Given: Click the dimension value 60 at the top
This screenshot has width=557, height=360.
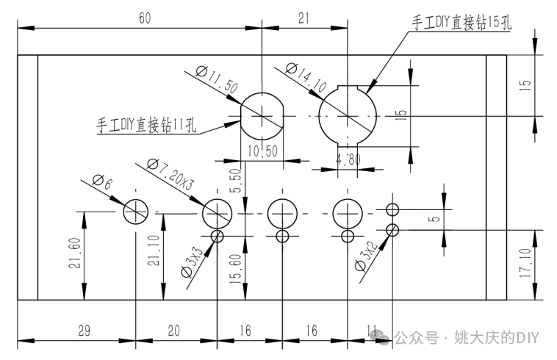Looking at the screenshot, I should (144, 18).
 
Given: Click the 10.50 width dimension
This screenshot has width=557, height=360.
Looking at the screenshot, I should (262, 152).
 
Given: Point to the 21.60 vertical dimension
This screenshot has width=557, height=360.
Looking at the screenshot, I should (74, 254).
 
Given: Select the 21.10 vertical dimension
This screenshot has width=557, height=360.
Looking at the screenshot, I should (153, 254).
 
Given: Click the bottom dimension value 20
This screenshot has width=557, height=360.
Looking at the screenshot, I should (174, 330).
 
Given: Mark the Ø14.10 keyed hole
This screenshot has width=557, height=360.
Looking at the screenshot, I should (348, 115).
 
